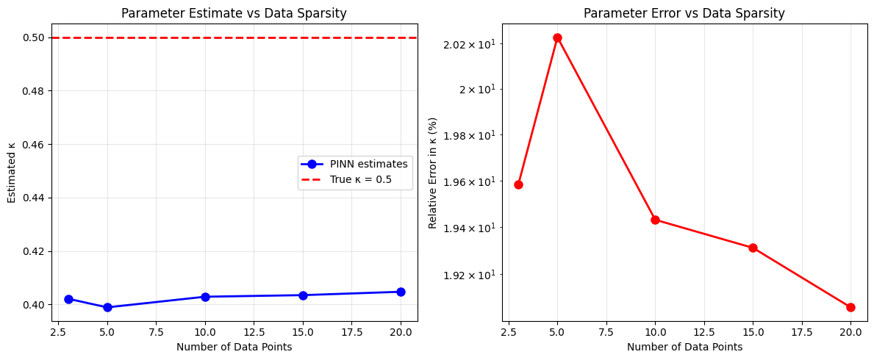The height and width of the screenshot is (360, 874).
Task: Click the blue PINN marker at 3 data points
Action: [x=68, y=299]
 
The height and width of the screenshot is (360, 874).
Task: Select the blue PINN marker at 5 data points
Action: [x=107, y=307]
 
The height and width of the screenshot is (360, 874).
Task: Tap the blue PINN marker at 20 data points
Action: [x=401, y=292]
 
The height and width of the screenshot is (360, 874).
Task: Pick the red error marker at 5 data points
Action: [x=557, y=37]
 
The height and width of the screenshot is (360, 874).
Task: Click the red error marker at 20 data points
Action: [x=850, y=307]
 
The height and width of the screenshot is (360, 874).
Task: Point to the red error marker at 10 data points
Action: [x=655, y=220]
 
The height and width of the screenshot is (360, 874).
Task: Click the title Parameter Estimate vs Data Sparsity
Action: [x=234, y=13]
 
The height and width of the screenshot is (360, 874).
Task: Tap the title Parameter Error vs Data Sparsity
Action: [x=684, y=13]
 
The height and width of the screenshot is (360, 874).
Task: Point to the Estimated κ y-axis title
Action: [x=11, y=173]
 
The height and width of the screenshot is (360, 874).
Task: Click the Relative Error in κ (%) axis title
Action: [x=433, y=173]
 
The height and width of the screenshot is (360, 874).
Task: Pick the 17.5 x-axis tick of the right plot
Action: [x=802, y=332]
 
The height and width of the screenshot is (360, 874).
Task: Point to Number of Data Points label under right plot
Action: [x=684, y=347]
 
